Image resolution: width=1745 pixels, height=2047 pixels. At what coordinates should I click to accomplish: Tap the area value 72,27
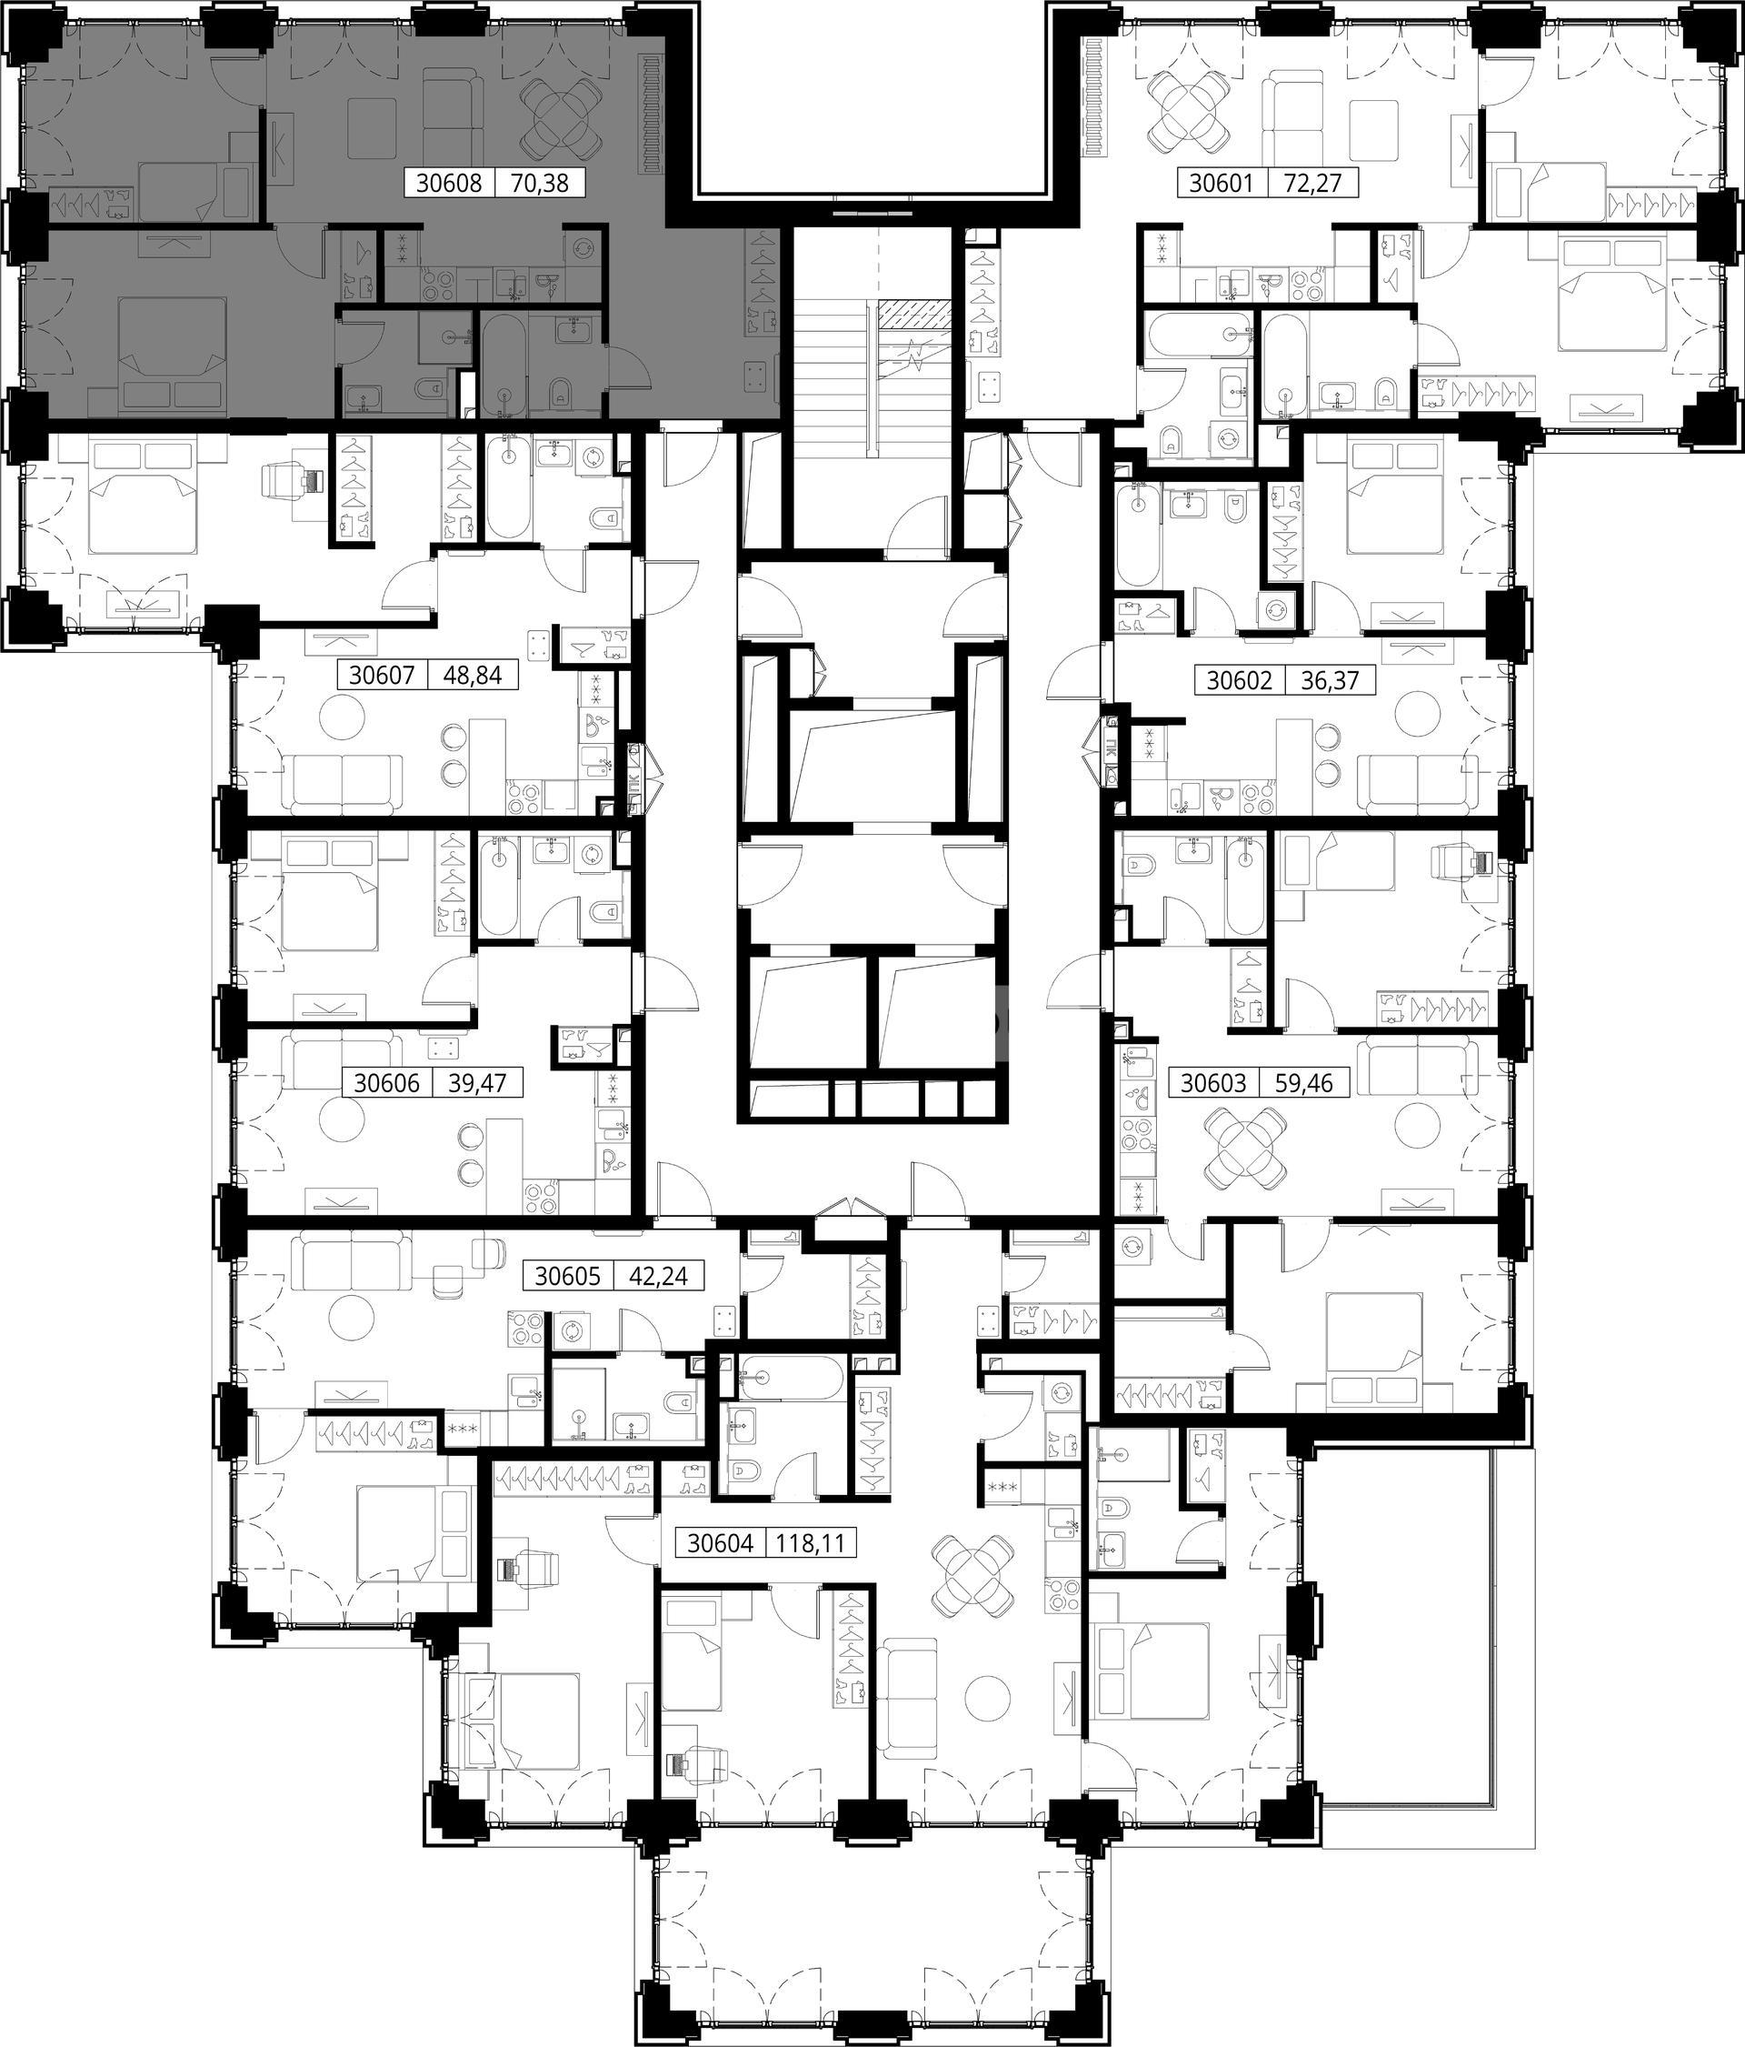(x=1314, y=183)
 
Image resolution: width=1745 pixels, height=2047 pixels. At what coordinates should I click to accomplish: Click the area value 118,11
(x=812, y=1543)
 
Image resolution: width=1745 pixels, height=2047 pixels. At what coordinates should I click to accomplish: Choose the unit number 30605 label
(x=568, y=1276)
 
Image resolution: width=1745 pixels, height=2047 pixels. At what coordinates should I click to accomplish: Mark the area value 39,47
(x=477, y=1084)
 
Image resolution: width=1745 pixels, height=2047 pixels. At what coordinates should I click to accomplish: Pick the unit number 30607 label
(x=381, y=676)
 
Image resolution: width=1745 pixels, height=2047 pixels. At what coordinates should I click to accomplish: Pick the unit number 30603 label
(x=1213, y=1084)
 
